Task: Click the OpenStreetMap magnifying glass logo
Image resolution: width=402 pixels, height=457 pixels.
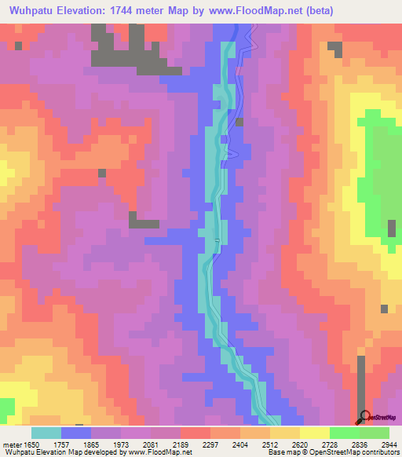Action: coord(363,416)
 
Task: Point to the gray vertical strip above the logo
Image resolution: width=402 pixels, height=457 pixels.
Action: coord(360,381)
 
